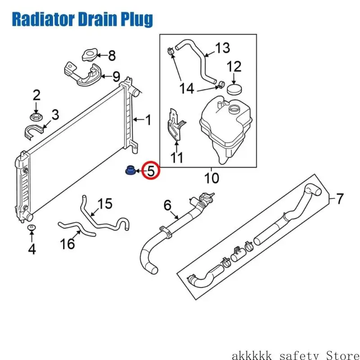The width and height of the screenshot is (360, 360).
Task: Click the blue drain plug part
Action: (130, 170)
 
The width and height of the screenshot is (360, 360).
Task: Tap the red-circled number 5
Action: (151, 171)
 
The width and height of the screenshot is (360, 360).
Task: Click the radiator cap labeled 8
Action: (89, 55)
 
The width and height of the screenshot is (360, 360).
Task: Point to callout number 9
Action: (116, 76)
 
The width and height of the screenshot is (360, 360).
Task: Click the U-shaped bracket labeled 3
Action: (33, 131)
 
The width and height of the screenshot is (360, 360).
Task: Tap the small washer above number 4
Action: (31, 228)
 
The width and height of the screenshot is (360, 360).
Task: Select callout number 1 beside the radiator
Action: (148, 120)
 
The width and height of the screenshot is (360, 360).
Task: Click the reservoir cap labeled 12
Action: (234, 89)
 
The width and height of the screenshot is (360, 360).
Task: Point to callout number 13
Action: (222, 48)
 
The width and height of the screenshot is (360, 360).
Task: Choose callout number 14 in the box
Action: (186, 88)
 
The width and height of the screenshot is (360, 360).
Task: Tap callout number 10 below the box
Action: (211, 178)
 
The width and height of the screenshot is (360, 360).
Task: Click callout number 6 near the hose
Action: (167, 205)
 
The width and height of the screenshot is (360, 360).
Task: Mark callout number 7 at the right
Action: (340, 198)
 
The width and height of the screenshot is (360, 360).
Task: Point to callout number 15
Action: (105, 203)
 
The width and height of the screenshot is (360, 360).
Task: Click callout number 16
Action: (67, 243)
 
